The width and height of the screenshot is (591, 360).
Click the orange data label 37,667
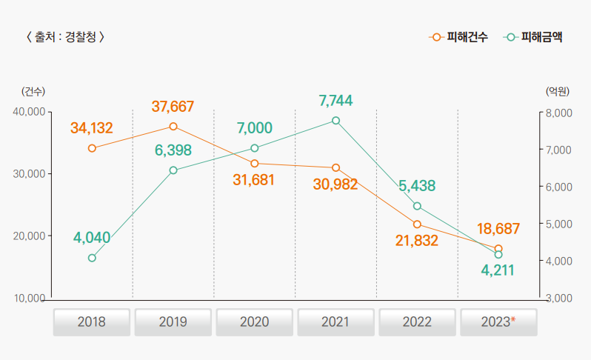pyautogui.click(x=173, y=107)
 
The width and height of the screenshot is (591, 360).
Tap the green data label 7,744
pyautogui.click(x=335, y=100)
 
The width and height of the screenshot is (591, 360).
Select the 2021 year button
pyautogui.click(x=335, y=322)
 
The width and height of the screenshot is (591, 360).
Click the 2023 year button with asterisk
pyautogui.click(x=498, y=322)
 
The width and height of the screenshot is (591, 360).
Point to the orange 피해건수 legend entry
pyautogui.click(x=458, y=36)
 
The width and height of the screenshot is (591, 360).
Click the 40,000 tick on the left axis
pyautogui.click(x=30, y=112)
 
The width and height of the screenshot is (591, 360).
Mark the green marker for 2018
pyautogui.click(x=92, y=258)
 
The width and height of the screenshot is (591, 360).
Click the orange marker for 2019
pyautogui.click(x=173, y=127)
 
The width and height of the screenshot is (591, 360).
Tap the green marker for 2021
pyautogui.click(x=335, y=121)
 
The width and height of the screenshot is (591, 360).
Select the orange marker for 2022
pyautogui.click(x=417, y=224)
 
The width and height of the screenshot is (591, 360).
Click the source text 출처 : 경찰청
pyautogui.click(x=64, y=36)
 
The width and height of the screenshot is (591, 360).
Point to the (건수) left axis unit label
pyautogui.click(x=33, y=92)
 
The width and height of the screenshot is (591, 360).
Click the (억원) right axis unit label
pyautogui.click(x=557, y=92)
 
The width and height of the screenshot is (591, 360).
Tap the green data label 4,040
pyautogui.click(x=92, y=238)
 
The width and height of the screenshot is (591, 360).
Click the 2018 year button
pyautogui.click(x=91, y=322)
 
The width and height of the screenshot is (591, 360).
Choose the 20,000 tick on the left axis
pyautogui.click(x=30, y=236)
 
